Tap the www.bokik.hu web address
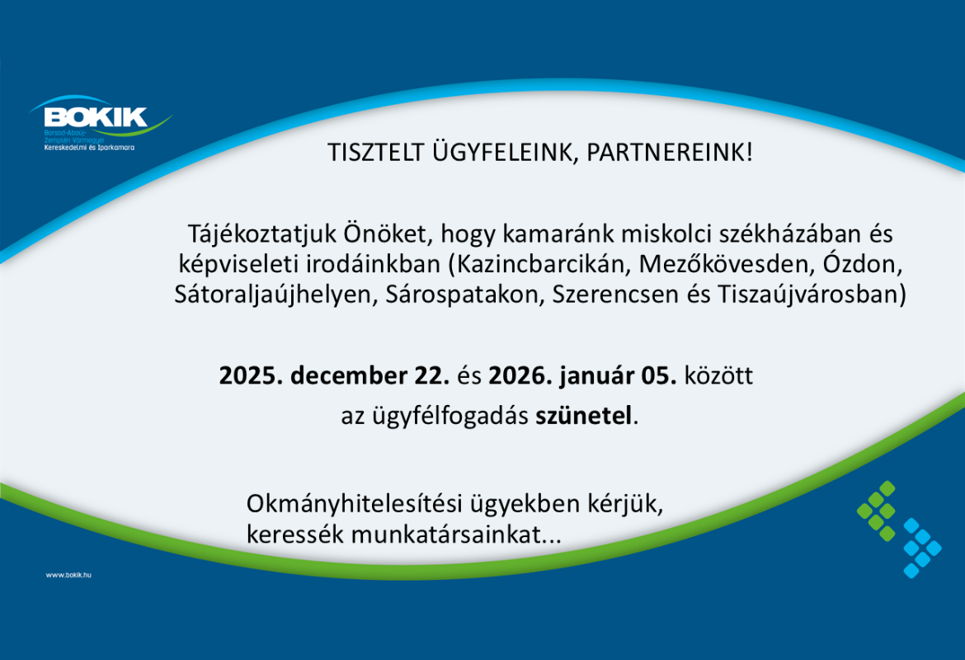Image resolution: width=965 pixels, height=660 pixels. click(x=68, y=574)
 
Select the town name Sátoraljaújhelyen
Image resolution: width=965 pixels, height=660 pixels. click(x=275, y=295)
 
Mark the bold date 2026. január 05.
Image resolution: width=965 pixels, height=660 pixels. click(x=582, y=376)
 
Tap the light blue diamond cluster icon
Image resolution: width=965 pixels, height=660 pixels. click(x=921, y=548)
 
